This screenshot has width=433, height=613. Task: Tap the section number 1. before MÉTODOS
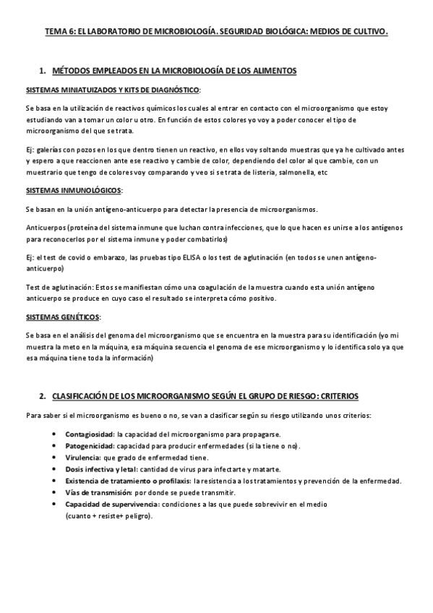point(42,70)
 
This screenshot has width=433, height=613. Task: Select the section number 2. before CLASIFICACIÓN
point(42,397)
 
